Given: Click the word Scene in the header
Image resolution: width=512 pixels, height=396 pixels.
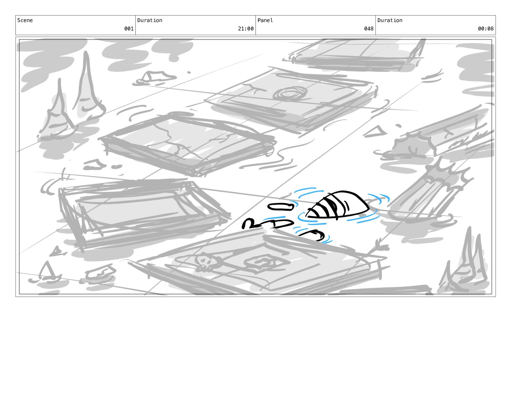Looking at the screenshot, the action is tap(25, 20).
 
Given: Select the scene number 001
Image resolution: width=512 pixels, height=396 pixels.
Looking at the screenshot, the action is tap(129, 29).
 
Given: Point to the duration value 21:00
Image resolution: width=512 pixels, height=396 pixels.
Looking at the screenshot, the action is tap(246, 29).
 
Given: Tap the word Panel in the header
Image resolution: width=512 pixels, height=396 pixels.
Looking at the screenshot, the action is tap(265, 20).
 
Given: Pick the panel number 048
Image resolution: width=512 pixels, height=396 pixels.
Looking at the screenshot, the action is tap(369, 29).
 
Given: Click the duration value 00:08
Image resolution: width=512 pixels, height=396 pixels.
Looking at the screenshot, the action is tap(486, 29).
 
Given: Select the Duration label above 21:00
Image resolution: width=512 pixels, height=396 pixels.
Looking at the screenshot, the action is tap(150, 20).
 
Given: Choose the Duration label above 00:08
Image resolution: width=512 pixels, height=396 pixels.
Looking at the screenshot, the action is tap(390, 20).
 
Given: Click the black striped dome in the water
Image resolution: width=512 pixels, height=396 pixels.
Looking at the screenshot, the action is tap(338, 205).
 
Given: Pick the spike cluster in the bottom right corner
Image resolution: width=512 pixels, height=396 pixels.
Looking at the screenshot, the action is tap(465, 264).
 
